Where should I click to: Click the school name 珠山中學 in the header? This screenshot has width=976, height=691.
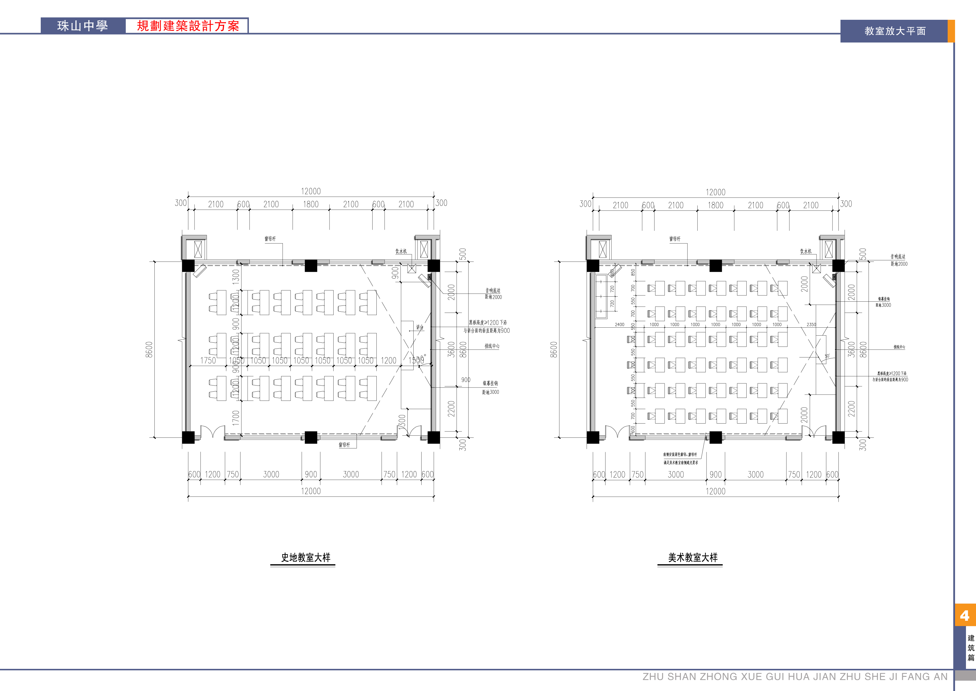83,26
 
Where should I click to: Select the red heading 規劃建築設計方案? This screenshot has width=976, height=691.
188,26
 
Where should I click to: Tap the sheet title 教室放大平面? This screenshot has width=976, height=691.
895,31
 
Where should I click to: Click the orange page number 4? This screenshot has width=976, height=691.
964,615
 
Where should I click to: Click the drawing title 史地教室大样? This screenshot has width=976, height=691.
306,557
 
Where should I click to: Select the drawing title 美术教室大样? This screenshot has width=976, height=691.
693,557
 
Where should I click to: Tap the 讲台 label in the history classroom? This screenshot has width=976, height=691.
420,327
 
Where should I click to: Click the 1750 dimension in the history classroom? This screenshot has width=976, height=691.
208,360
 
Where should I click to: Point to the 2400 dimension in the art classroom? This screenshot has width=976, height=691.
619,325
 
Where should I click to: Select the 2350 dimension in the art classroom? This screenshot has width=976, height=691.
811,325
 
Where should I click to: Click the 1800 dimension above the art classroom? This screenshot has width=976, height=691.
716,205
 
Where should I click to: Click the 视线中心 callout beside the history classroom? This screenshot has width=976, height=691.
492,346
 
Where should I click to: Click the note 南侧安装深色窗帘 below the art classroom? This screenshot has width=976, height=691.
680,455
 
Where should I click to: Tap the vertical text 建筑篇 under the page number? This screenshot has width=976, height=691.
971,648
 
